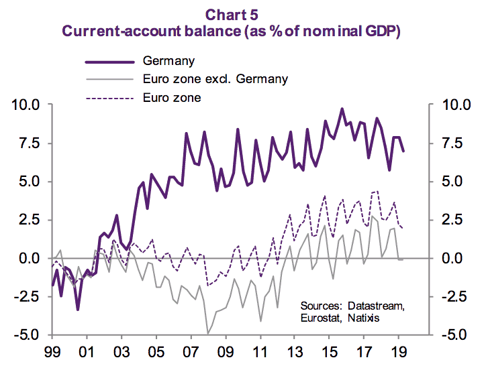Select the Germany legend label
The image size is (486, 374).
point(168,61)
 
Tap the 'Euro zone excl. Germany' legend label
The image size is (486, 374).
point(215,79)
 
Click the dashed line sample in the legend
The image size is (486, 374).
point(109,98)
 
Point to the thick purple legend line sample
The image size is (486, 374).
point(109,62)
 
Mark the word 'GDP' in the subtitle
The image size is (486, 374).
point(381,32)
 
